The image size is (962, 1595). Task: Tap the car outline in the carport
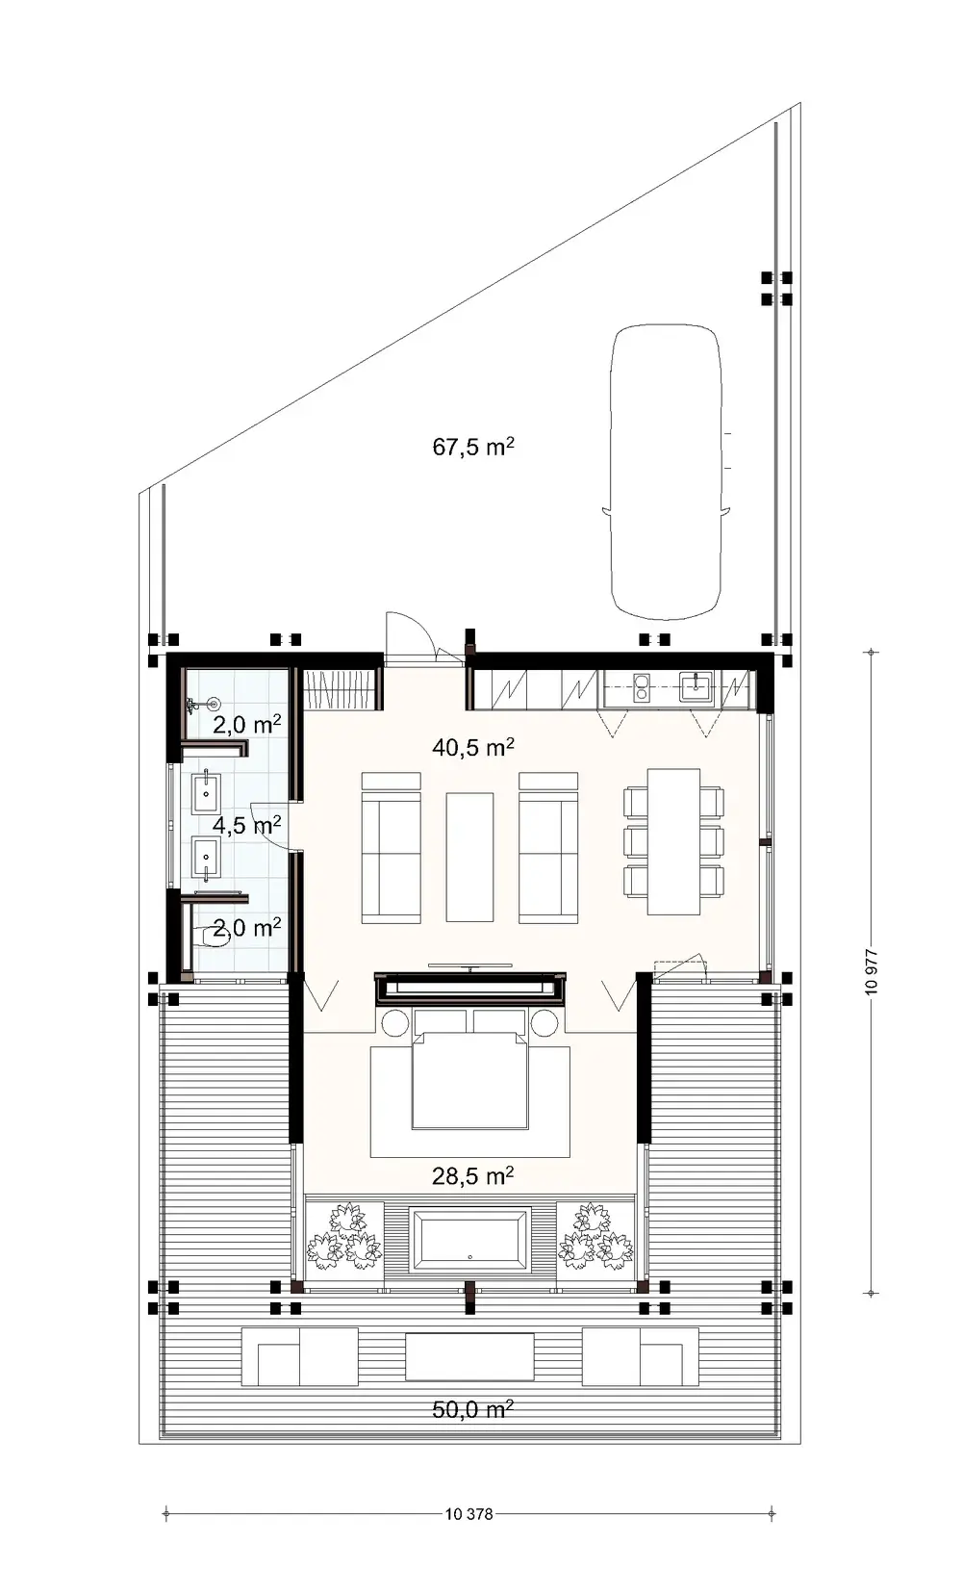[667, 472]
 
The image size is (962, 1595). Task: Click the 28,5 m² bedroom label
[472, 1175]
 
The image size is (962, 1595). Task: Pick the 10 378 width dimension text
[469, 1514]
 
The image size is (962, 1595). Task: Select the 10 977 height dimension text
[872, 972]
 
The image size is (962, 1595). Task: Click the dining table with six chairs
[673, 840]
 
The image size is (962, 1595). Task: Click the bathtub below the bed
[469, 1240]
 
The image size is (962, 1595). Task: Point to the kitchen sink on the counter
[695, 687]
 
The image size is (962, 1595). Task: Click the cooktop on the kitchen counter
[641, 687]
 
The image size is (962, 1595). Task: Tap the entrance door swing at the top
[407, 635]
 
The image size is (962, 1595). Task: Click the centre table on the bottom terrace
[469, 1356]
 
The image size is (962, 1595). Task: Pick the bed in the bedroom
[470, 1078]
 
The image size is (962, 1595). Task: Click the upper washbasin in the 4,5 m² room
[207, 794]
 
